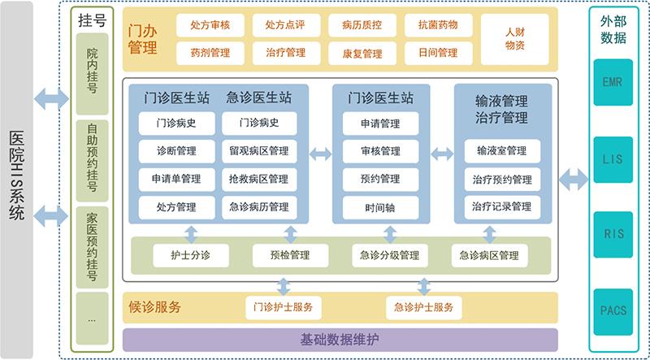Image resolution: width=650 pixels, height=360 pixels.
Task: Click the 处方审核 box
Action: [x=210, y=25]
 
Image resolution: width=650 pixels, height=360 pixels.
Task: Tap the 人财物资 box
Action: [x=514, y=39]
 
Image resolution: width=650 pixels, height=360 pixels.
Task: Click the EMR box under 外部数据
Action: [x=613, y=84]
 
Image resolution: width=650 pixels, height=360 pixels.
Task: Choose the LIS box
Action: [x=613, y=159]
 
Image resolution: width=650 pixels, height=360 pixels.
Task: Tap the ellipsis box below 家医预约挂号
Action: [x=91, y=319]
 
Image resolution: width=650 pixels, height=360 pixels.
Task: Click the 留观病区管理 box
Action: [x=259, y=150]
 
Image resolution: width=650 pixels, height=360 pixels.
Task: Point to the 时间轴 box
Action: [x=380, y=206]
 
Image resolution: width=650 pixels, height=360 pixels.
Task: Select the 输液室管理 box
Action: [x=501, y=151]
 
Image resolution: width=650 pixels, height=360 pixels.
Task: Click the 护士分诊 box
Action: [x=191, y=255]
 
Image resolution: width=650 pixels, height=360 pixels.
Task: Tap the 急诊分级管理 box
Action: [x=389, y=255]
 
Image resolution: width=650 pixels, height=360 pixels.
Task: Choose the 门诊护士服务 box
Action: [x=283, y=308]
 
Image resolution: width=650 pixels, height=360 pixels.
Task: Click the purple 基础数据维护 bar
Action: [x=340, y=339]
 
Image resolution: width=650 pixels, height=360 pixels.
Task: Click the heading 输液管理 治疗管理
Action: [x=501, y=110]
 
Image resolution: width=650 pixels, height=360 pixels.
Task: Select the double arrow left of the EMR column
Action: [x=574, y=180]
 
